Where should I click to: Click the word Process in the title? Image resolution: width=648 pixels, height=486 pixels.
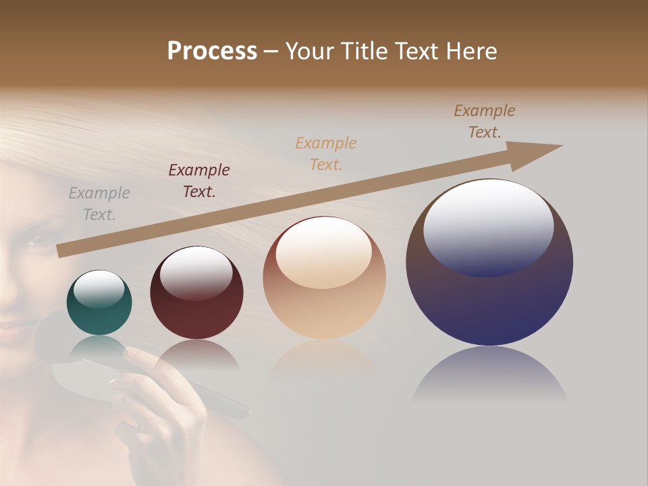click(212, 51)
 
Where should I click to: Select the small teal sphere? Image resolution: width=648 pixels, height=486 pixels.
click(99, 303)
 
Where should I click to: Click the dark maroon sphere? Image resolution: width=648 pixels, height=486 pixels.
click(196, 293)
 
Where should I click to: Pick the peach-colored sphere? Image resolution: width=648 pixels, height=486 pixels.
click(324, 278)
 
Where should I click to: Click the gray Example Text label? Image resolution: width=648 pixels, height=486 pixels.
click(99, 204)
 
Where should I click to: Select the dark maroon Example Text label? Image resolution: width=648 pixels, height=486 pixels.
click(199, 181)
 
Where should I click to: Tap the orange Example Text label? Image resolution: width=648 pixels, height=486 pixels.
click(326, 154)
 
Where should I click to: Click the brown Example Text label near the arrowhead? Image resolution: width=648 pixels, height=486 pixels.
click(485, 122)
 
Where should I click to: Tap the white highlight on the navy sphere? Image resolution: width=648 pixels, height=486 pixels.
click(488, 227)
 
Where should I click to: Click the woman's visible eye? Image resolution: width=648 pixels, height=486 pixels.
click(32, 238)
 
